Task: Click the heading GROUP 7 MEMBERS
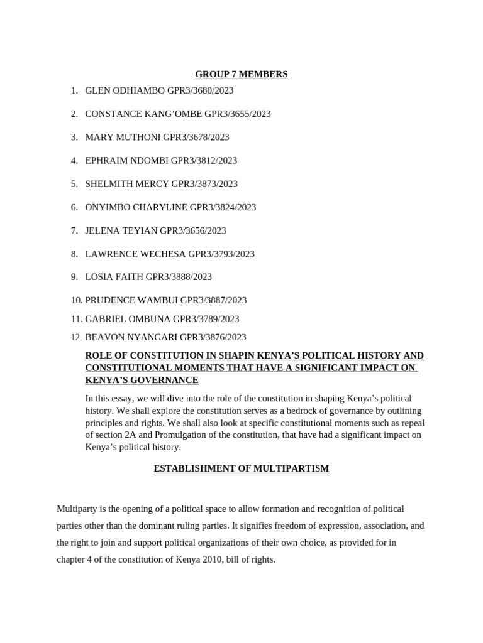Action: [241, 74]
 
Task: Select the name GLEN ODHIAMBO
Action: [125, 90]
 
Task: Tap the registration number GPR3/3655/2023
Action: [233, 114]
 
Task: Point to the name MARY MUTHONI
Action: [123, 137]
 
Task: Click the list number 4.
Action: [74, 160]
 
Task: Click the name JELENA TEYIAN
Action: [121, 230]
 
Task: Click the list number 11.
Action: [76, 319]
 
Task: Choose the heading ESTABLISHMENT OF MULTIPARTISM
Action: [241, 468]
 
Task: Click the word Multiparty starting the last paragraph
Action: [77, 509]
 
